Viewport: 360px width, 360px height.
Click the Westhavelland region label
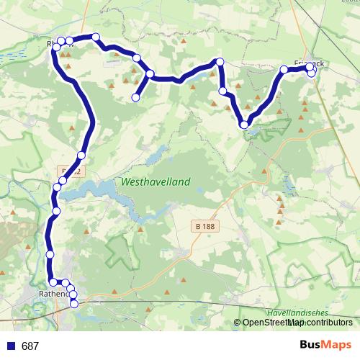(156, 182)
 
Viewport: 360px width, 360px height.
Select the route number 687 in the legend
(30, 346)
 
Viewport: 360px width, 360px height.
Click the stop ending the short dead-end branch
(135, 97)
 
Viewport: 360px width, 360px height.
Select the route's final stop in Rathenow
(73, 304)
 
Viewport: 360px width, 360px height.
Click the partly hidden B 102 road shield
(69, 171)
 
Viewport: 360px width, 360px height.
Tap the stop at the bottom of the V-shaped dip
(246, 125)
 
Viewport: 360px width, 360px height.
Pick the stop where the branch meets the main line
(150, 73)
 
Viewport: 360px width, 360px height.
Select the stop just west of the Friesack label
(284, 69)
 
